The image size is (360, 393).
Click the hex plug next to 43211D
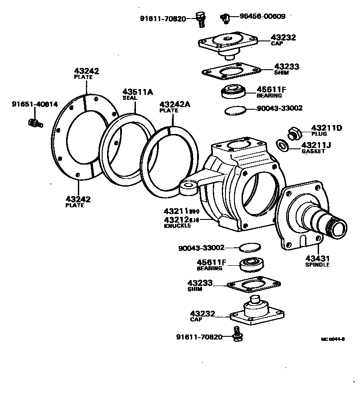[294, 133]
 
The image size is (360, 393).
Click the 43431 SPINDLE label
[318, 261]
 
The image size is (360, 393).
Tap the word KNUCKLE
[177, 226]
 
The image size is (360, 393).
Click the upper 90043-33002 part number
[279, 108]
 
